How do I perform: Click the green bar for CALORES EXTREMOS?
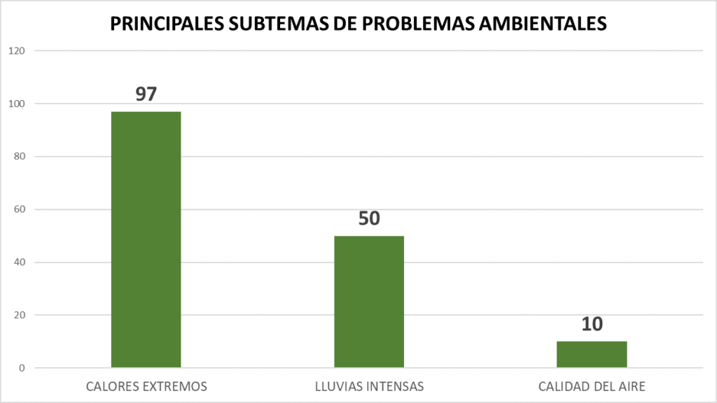point(146,239)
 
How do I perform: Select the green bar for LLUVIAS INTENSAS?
point(369,302)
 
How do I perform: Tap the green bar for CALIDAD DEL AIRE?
point(592,354)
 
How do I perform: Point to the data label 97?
point(146,94)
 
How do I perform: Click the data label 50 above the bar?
point(369,218)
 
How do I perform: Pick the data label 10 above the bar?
point(592,324)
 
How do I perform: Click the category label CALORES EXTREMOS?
point(146,386)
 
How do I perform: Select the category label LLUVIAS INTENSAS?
point(369,386)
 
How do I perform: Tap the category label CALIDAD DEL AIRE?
point(592,386)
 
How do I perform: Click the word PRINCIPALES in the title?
point(166,24)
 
